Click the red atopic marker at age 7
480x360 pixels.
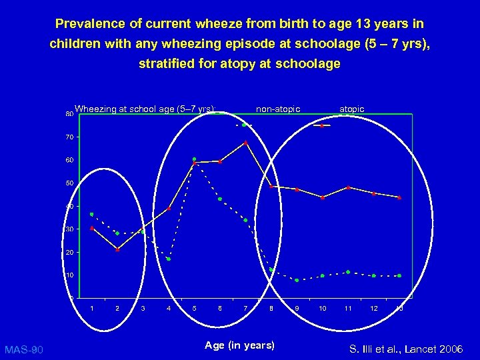(245, 143)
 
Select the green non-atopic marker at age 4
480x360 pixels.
(169, 259)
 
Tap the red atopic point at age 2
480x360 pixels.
(117, 249)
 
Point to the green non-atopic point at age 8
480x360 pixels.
(271, 270)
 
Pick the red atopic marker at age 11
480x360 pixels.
(348, 188)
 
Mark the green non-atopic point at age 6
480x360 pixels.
(220, 199)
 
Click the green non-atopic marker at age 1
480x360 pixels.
(91, 214)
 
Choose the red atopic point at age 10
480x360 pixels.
(323, 197)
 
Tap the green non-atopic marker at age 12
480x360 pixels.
(373, 275)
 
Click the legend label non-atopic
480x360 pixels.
(278, 109)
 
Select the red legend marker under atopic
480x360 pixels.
(322, 125)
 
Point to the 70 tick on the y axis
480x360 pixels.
(69, 137)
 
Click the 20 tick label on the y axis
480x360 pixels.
(69, 253)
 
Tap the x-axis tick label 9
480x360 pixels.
(297, 308)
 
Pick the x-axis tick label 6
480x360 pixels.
(220, 308)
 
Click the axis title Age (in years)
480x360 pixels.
(239, 345)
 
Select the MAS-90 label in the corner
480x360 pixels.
(24, 349)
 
